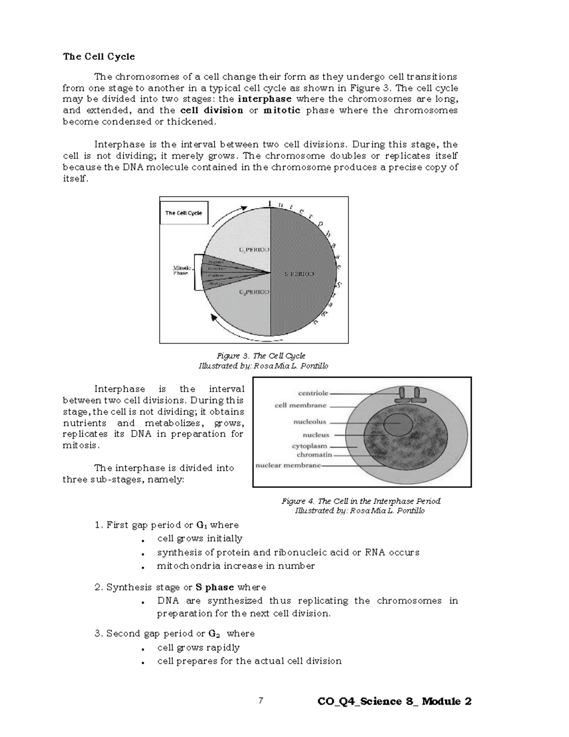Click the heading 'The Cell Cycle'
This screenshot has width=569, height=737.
[x=99, y=56]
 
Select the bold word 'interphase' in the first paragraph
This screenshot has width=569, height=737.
[x=265, y=99]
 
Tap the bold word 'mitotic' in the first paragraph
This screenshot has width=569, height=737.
[x=282, y=111]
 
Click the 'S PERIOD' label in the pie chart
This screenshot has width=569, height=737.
[x=299, y=274]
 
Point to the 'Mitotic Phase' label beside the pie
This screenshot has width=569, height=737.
[x=181, y=271]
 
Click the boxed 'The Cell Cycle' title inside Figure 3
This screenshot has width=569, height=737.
[x=184, y=213]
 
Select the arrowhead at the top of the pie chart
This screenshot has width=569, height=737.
[x=244, y=208]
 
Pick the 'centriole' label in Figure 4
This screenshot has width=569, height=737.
[x=313, y=393]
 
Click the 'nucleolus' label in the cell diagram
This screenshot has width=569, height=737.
[x=310, y=421]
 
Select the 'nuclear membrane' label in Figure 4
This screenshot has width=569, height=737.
[x=288, y=466]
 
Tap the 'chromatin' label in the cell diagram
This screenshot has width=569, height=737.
[x=314, y=455]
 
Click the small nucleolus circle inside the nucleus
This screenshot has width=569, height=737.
[x=397, y=424]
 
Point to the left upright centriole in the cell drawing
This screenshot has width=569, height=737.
[x=402, y=393]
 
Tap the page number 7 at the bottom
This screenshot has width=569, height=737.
[x=260, y=700]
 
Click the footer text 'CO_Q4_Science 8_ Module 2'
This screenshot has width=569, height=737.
[x=395, y=701]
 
